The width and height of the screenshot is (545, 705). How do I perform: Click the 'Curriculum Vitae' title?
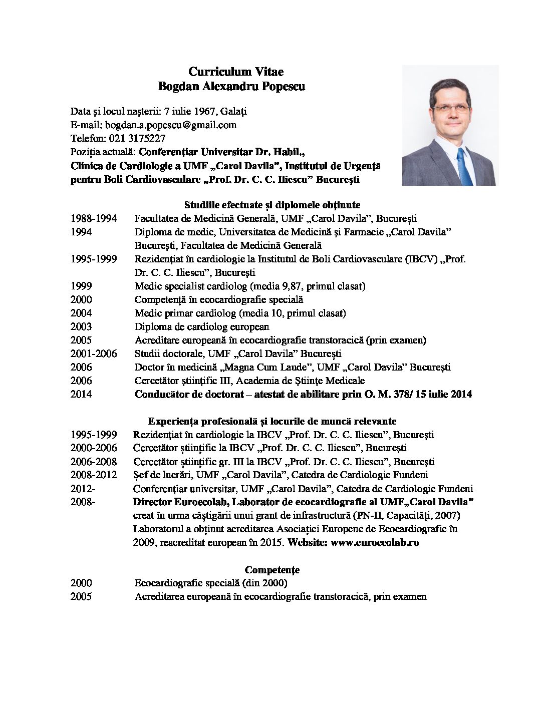pyautogui.click(x=236, y=72)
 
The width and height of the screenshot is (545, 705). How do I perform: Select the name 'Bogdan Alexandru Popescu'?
pyautogui.click(x=231, y=87)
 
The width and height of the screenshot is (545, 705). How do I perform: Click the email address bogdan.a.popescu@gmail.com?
pyautogui.click(x=170, y=125)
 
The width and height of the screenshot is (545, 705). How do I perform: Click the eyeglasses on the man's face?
pyautogui.click(x=451, y=108)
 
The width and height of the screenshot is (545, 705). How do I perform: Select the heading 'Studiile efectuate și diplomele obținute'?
pyautogui.click(x=272, y=205)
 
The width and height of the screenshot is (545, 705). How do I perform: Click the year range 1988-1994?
pyautogui.click(x=94, y=218)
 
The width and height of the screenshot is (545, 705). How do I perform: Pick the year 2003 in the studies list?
pyautogui.click(x=81, y=326)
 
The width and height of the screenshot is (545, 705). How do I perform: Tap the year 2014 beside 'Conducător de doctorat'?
pyautogui.click(x=81, y=394)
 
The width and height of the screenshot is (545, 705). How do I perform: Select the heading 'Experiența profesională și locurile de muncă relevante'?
pyautogui.click(x=272, y=421)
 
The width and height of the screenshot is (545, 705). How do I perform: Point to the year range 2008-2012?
pyautogui.click(x=94, y=475)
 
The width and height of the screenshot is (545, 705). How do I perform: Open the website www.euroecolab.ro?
pyautogui.click(x=375, y=542)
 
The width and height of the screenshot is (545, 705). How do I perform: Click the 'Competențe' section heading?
pyautogui.click(x=272, y=570)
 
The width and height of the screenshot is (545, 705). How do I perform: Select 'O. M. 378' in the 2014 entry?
pyautogui.click(x=386, y=394)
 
